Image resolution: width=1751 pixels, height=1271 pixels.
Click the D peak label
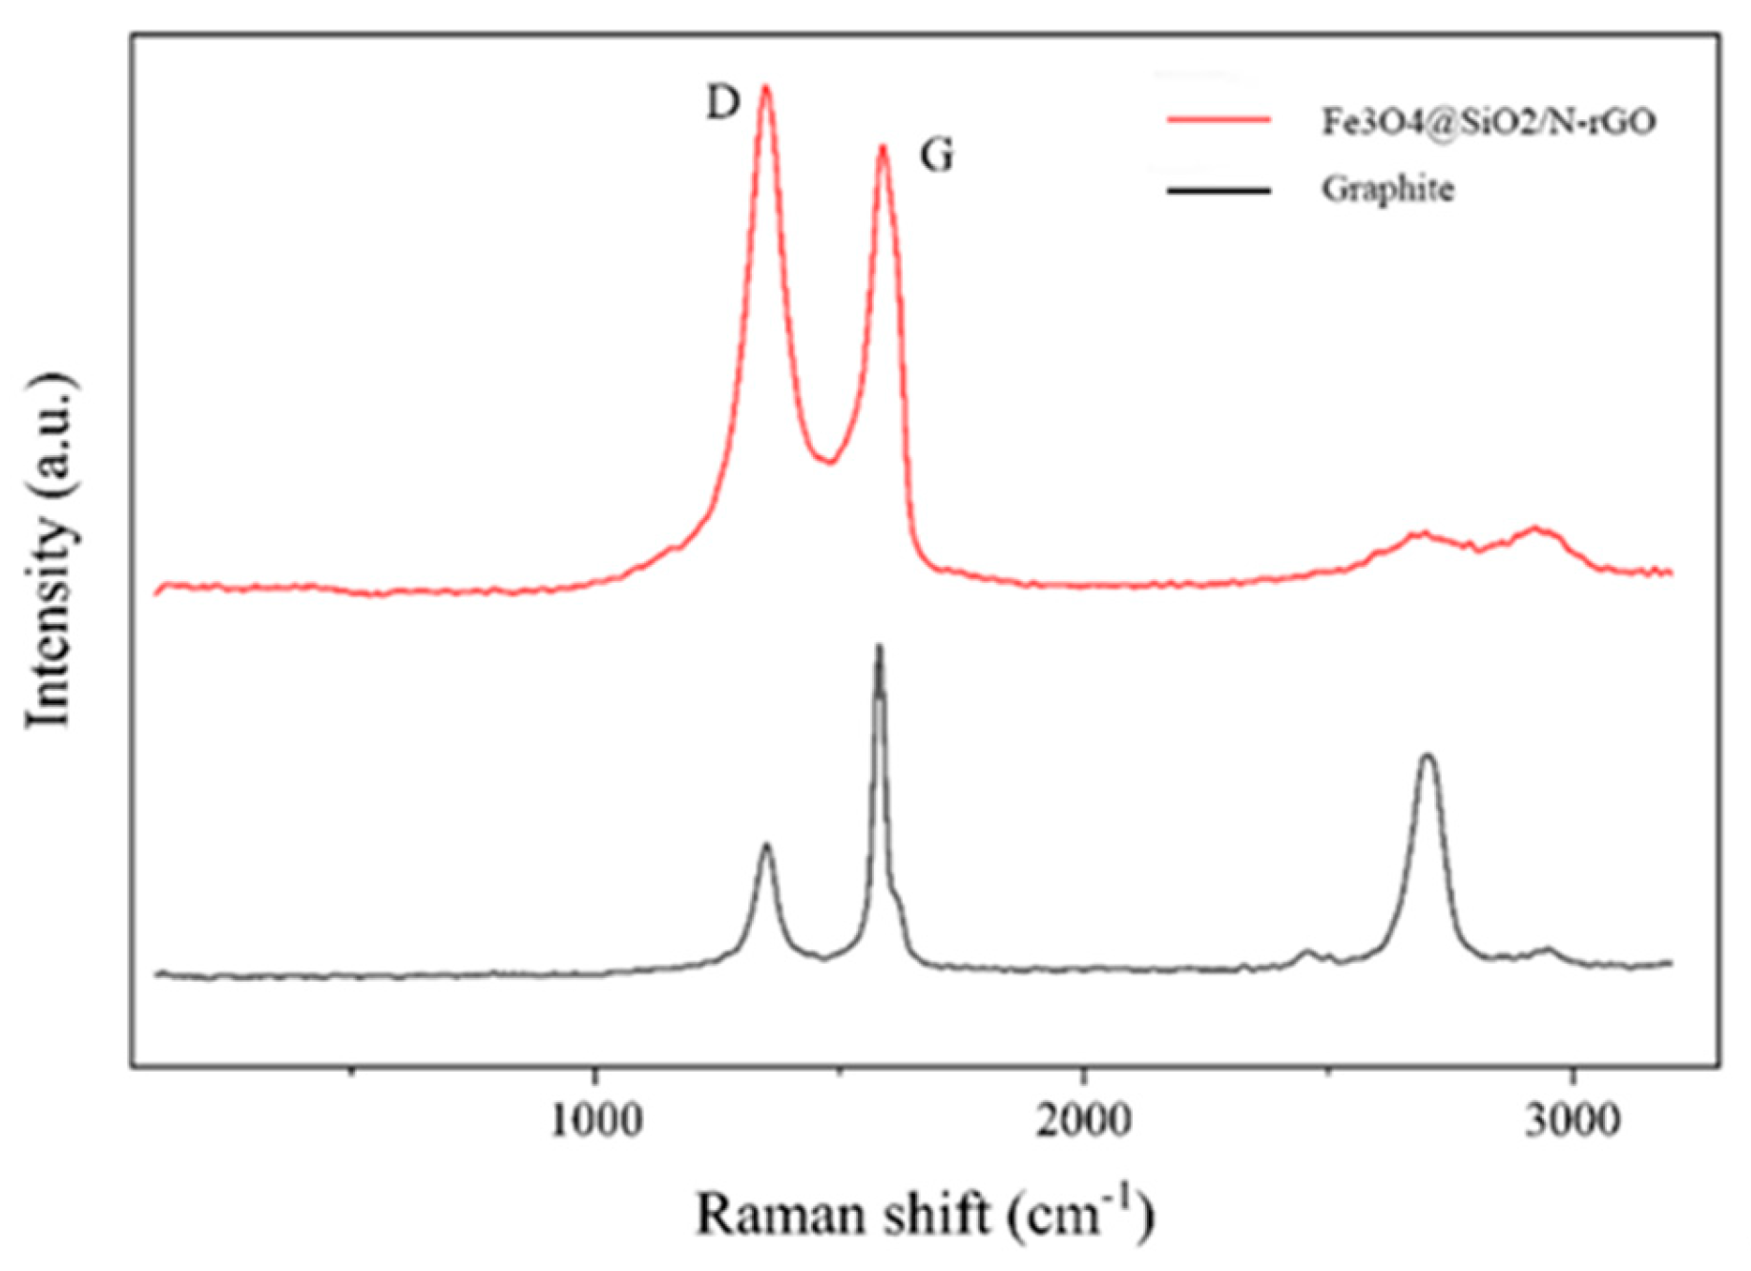(722, 103)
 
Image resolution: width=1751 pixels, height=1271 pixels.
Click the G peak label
(936, 156)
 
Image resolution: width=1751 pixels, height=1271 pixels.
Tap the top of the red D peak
(765, 88)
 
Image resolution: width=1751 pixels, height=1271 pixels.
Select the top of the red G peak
(884, 148)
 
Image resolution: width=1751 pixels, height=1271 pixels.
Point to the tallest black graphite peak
(879, 648)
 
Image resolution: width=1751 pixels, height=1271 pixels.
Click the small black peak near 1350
(765, 845)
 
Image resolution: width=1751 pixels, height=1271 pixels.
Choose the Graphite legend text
(1387, 189)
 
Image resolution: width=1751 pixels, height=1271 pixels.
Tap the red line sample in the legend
(1219, 120)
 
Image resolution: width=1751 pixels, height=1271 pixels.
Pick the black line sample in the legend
(1219, 190)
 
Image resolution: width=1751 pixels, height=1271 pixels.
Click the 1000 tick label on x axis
(595, 1120)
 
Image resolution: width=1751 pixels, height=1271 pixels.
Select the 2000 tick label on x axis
(1084, 1120)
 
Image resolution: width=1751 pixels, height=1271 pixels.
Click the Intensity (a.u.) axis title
(50, 552)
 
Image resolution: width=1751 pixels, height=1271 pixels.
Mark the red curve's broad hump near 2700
(1422, 533)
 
